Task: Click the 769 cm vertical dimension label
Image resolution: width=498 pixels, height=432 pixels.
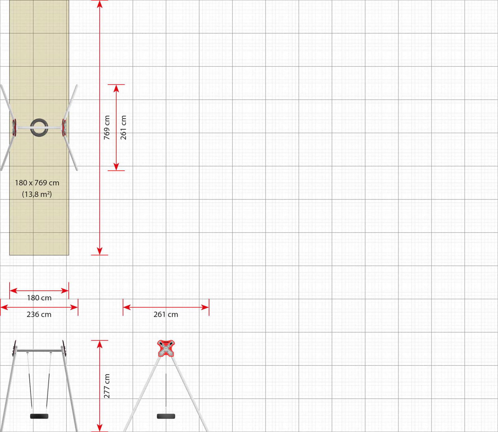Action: coord(107,127)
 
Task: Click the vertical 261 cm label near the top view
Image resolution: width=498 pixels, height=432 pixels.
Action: coord(124,127)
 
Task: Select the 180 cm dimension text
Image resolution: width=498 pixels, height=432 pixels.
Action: coord(39,298)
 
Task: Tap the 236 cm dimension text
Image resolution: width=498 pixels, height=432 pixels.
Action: coord(39,314)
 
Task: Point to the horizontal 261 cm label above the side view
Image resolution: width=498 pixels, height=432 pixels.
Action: coord(166,314)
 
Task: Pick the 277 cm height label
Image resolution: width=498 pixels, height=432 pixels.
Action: coord(107,386)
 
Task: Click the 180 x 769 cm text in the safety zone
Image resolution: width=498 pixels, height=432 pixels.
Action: coord(37,183)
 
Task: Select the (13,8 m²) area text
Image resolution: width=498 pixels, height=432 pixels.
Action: coord(37,194)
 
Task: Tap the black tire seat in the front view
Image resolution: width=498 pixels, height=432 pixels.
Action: coord(39,416)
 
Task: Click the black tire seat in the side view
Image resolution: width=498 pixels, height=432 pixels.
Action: coord(166,416)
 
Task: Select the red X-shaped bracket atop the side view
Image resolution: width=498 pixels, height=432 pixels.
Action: coord(166,348)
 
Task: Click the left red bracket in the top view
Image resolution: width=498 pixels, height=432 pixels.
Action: coord(14,127)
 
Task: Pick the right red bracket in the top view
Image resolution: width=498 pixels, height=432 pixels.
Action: coord(64,127)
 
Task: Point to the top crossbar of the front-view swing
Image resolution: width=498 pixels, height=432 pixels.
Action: coord(39,351)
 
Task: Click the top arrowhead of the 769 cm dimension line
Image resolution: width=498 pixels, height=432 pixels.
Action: coord(100,4)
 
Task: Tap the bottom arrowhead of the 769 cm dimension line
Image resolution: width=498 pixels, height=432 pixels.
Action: coord(100,251)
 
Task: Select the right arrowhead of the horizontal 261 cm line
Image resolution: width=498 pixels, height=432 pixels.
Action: coord(205,307)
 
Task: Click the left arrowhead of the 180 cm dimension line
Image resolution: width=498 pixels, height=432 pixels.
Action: coord(13,291)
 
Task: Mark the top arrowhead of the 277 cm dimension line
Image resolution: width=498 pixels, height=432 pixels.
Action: coord(100,344)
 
